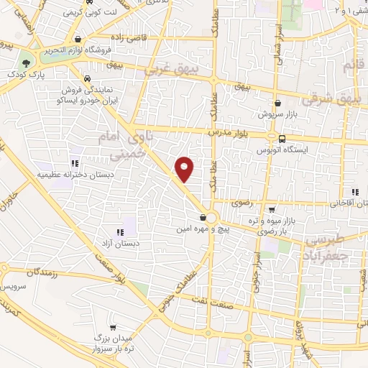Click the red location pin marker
click(x=185, y=167)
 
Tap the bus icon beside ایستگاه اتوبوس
click(x=281, y=139)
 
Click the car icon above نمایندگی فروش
click(x=86, y=78)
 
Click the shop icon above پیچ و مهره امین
click(x=204, y=217)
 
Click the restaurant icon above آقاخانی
click(x=354, y=192)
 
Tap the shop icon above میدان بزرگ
click(x=99, y=325)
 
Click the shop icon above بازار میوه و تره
click(x=271, y=211)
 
